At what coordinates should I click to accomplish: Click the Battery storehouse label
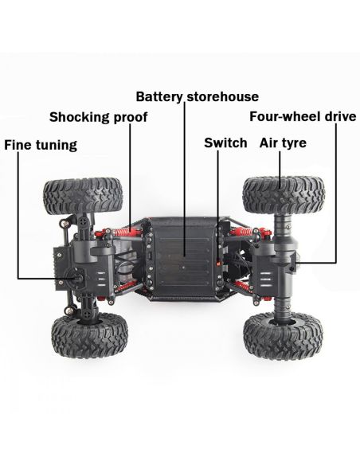click(x=198, y=97)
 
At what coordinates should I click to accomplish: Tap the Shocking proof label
click(x=98, y=117)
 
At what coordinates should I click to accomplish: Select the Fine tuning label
click(x=41, y=145)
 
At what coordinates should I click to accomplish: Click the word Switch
click(x=225, y=143)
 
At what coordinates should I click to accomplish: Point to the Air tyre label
click(x=283, y=143)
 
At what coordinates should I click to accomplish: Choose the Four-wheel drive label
click(x=303, y=116)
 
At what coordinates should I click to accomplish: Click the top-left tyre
click(x=84, y=196)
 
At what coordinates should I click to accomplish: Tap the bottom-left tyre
click(x=89, y=335)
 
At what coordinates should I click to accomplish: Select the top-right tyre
click(x=284, y=195)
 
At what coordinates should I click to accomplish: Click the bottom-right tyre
click(x=284, y=335)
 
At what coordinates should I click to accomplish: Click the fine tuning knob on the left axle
click(x=78, y=277)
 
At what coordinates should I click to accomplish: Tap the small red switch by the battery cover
click(x=218, y=264)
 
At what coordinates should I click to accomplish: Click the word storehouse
click(x=223, y=97)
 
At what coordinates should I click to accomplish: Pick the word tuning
click(x=57, y=146)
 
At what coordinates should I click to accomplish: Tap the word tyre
click(x=294, y=143)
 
